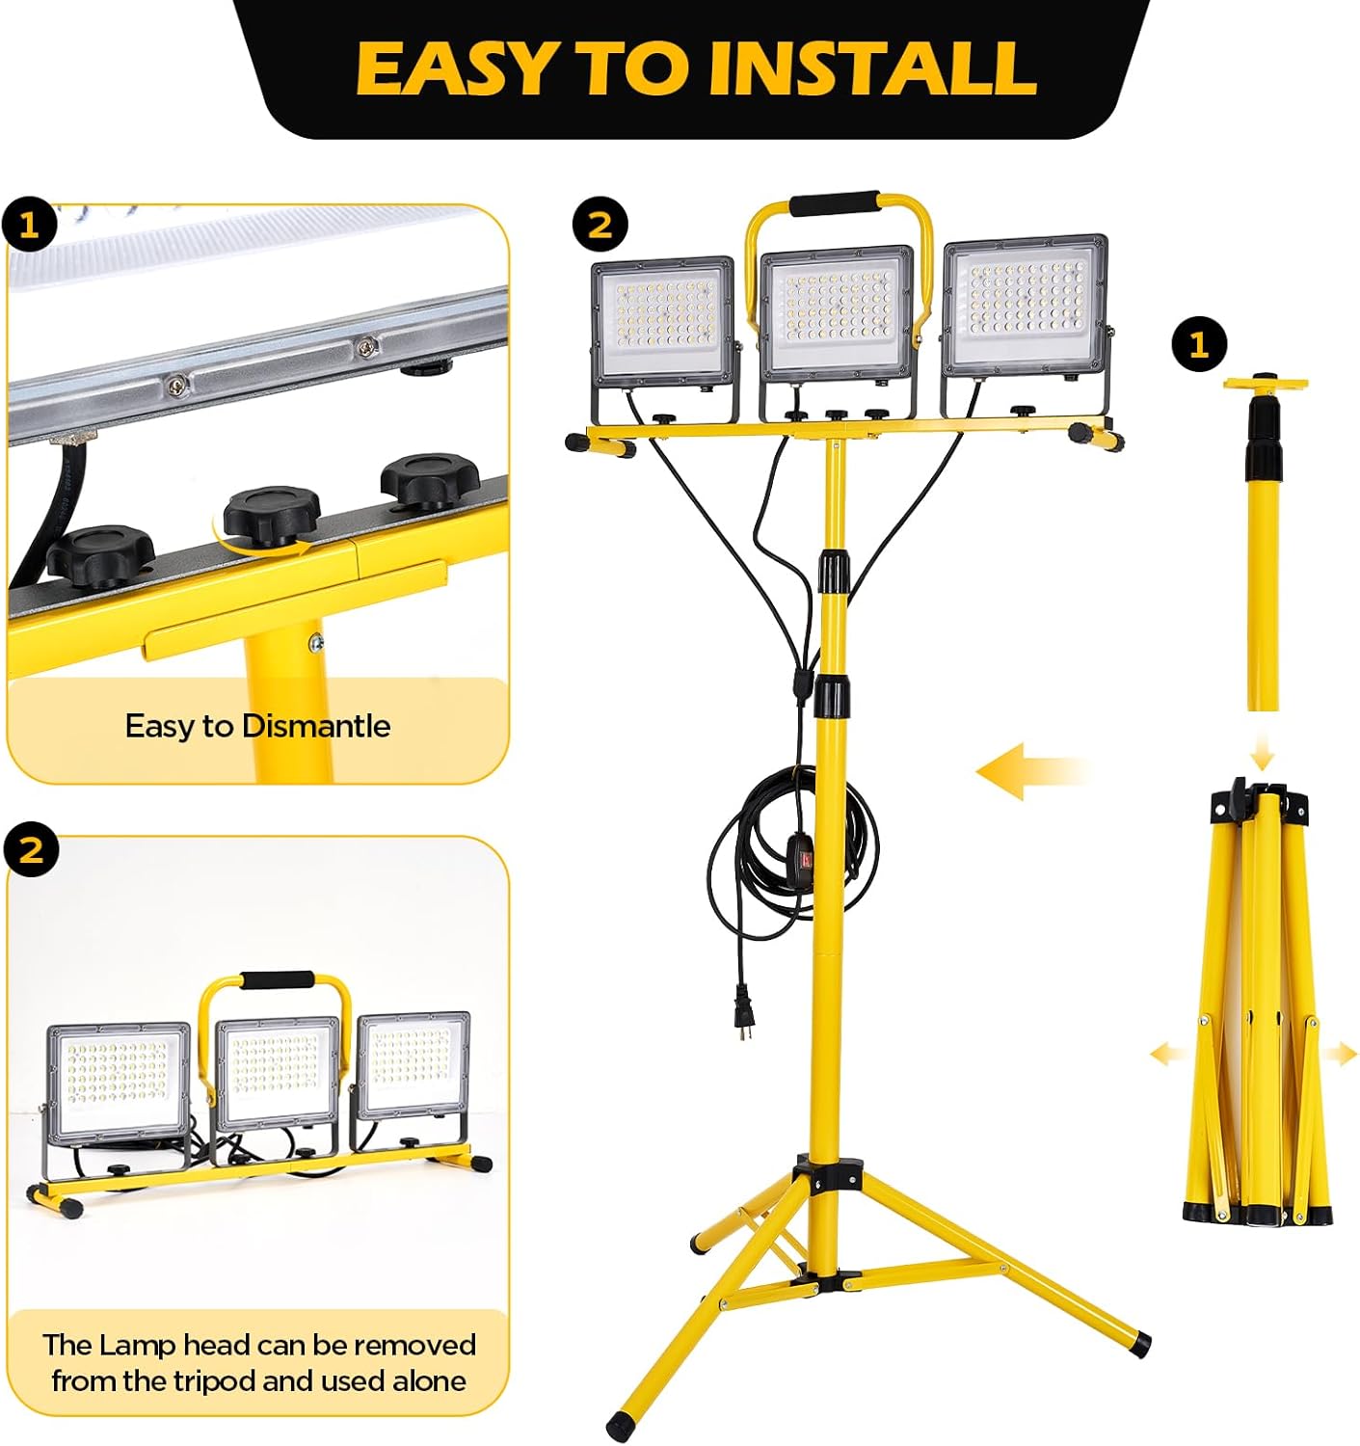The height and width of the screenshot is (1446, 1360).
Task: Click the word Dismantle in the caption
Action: pyautogui.click(x=316, y=726)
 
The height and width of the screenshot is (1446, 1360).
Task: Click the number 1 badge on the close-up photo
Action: pyautogui.click(x=29, y=227)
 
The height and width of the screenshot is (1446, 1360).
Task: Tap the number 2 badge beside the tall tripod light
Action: pyautogui.click(x=600, y=226)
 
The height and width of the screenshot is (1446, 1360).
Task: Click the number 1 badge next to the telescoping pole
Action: pyautogui.click(x=1199, y=345)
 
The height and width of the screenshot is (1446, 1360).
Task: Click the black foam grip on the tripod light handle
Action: pyautogui.click(x=835, y=203)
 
